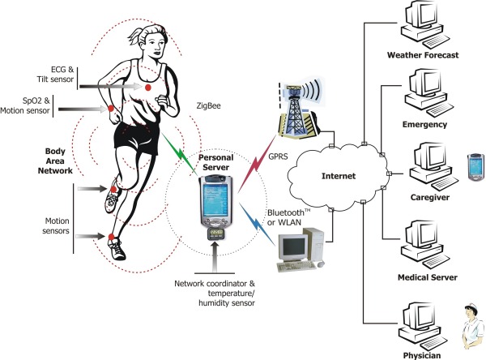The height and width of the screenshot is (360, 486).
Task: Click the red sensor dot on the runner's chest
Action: click(148, 88)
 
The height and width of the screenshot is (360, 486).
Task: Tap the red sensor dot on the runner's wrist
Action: click(110, 109)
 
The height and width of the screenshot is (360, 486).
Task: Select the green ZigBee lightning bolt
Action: click(180, 153)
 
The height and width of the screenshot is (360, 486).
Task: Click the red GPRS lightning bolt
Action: click(257, 164)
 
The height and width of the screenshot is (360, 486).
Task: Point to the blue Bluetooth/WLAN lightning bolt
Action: click(257, 224)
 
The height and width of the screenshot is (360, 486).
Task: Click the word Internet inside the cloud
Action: click(339, 176)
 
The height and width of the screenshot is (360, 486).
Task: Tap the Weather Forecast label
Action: click(423, 55)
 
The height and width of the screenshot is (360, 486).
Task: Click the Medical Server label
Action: click(428, 277)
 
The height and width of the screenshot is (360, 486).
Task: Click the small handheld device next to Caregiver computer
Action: click(475, 167)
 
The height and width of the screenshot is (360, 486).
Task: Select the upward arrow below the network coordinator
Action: click(215, 257)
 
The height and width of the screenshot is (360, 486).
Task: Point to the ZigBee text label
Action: click(209, 106)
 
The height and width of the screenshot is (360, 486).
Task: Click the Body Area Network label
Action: click(55, 161)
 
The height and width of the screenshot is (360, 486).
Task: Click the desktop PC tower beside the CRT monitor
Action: click(313, 244)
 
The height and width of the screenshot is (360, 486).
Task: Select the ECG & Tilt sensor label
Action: click(55, 75)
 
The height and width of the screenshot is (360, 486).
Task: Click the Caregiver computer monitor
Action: click(428, 156)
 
